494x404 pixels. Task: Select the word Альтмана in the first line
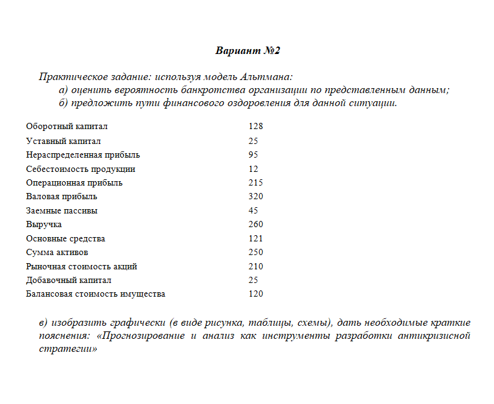coord(265,78)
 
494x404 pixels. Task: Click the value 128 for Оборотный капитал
coord(255,127)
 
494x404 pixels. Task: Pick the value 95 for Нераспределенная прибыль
coord(253,155)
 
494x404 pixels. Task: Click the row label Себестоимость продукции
coord(81,169)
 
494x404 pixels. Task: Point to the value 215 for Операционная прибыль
coord(255,183)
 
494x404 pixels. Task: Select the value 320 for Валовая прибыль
coord(255,197)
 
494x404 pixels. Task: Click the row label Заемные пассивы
coord(61,211)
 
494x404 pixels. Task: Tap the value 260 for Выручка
coord(255,225)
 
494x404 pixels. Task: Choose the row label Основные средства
coord(66,239)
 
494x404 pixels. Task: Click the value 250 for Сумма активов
coord(255,253)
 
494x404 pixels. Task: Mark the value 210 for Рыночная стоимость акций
coord(255,267)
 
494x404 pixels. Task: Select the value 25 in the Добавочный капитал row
coord(253,281)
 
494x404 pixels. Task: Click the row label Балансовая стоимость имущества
coord(95,294)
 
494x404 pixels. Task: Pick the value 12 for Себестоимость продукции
coord(253,169)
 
